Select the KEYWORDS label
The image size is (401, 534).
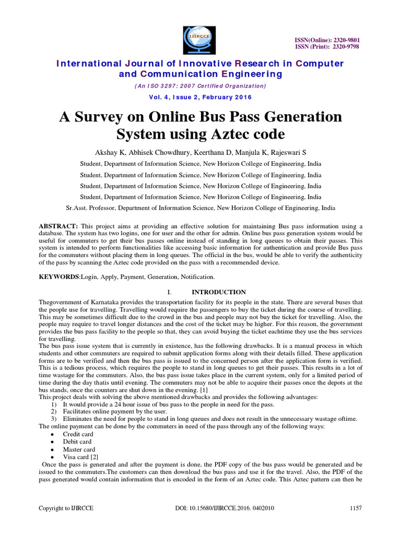59,277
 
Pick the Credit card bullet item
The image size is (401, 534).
78,434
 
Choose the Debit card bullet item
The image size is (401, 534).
77,442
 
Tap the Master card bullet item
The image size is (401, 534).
79,449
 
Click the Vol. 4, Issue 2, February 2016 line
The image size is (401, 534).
200,97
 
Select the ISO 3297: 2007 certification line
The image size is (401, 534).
200,86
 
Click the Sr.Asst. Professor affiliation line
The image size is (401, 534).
200,208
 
